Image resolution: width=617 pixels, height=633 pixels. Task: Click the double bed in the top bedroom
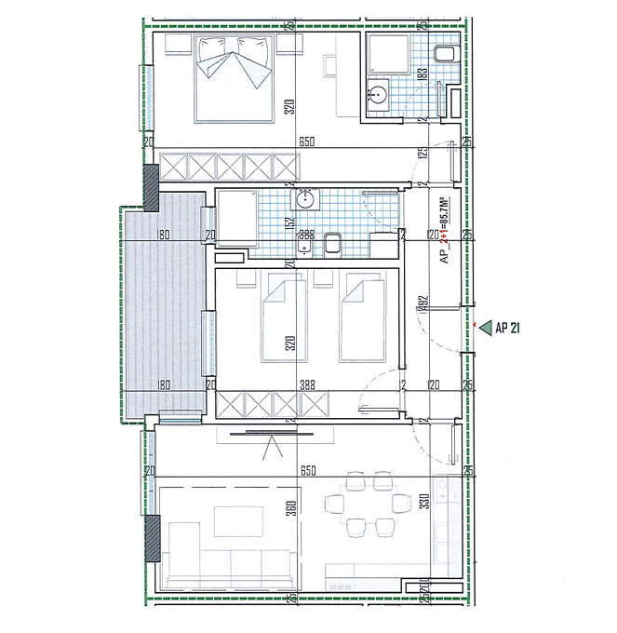point(235,78)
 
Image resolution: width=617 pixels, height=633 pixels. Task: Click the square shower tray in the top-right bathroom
point(385,54)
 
